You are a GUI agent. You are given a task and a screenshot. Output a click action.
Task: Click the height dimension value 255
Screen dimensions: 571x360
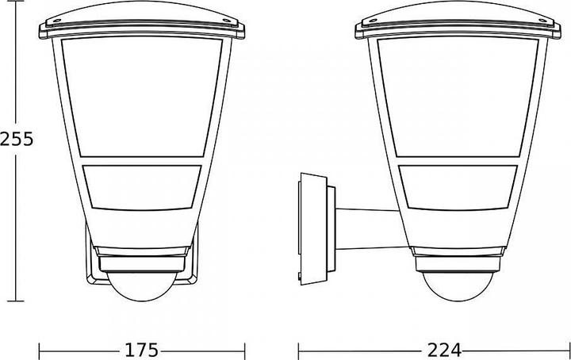pyautogui.click(x=17, y=139)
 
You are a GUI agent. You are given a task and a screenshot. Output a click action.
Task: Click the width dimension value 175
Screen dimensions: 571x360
pyautogui.click(x=142, y=350)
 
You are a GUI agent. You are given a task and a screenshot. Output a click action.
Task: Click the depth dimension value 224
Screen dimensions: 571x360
pyautogui.click(x=444, y=350)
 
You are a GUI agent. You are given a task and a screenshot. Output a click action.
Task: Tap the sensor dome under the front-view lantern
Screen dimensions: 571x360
pyautogui.click(x=142, y=288)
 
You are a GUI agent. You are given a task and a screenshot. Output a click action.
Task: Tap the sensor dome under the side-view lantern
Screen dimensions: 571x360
pyautogui.click(x=458, y=288)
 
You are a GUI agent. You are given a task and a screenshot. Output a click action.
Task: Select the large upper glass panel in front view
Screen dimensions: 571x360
pyautogui.click(x=142, y=97)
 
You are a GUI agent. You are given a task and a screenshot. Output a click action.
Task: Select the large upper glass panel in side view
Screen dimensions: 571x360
pyautogui.click(x=458, y=97)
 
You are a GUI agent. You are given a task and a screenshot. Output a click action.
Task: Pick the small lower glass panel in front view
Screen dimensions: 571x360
pyautogui.click(x=142, y=188)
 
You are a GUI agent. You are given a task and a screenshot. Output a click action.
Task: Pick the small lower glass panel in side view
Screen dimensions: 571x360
pyautogui.click(x=458, y=188)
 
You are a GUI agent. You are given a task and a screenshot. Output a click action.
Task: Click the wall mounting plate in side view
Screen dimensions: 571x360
pyautogui.click(x=313, y=229)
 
